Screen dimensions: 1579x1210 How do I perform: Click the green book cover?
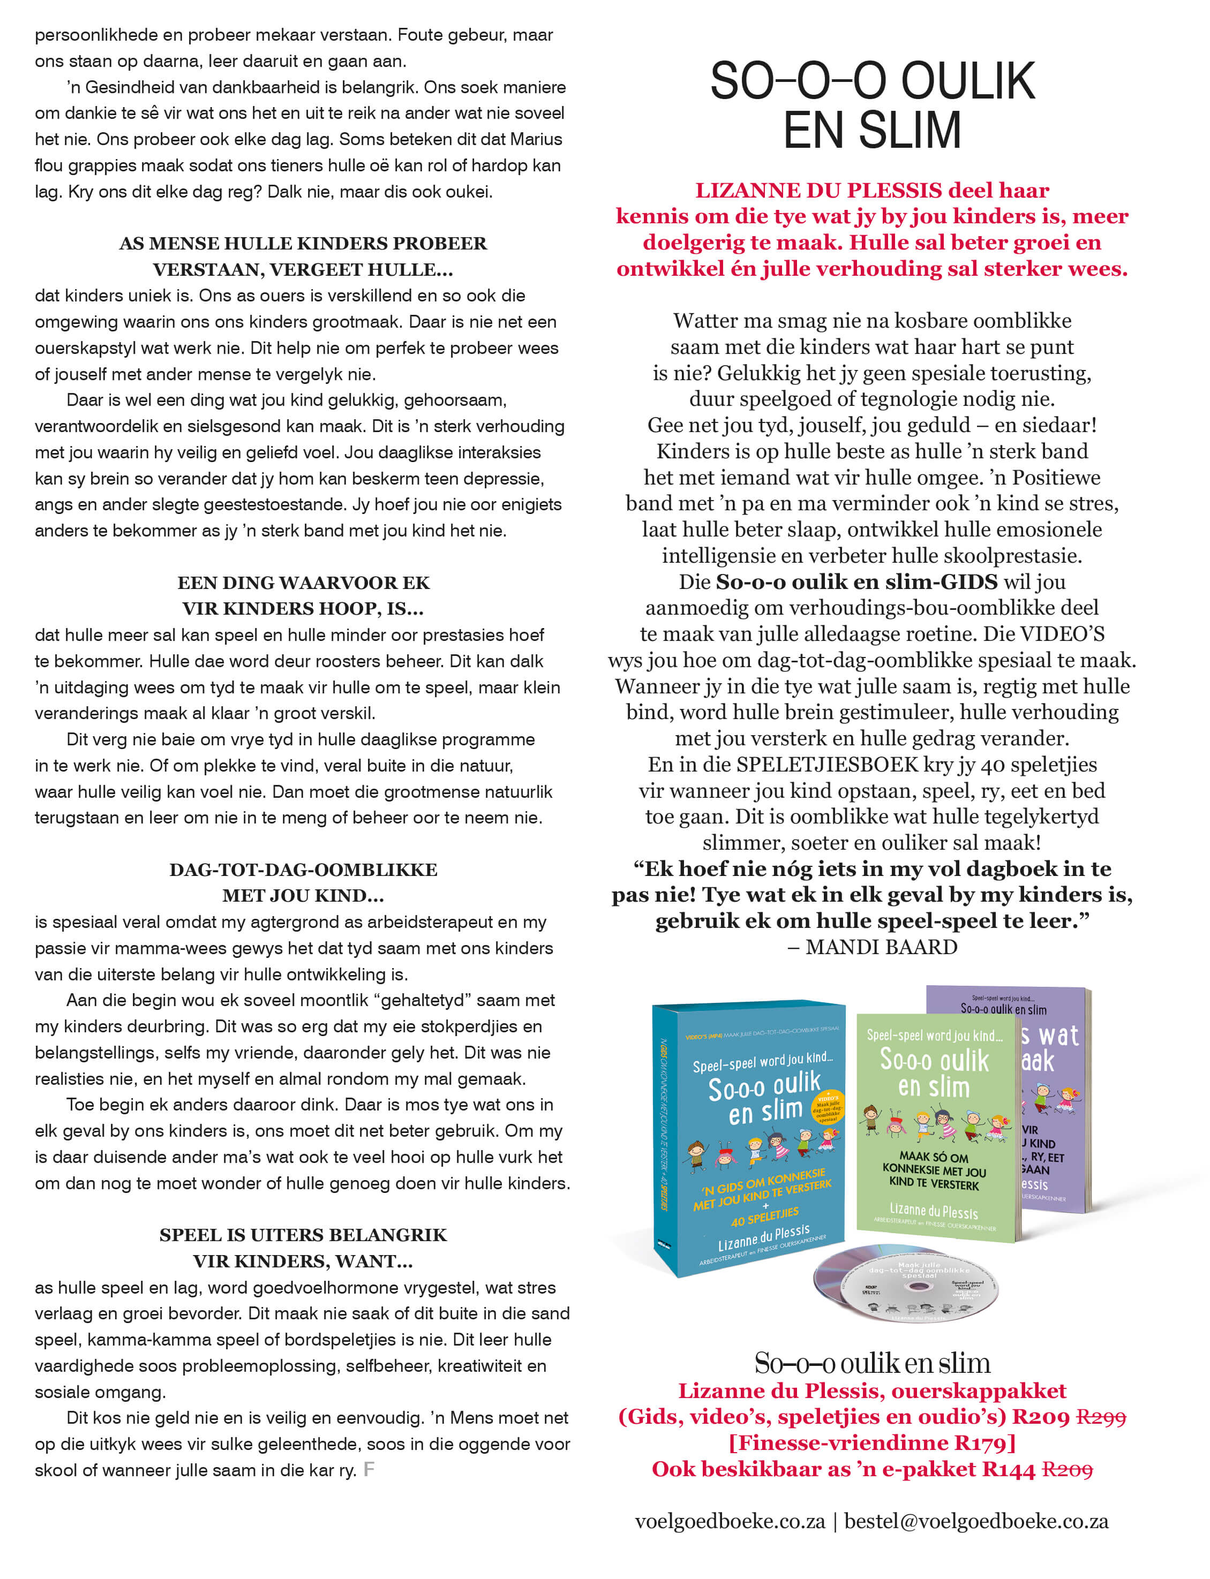[935, 1123]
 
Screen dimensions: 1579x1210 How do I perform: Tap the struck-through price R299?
[1101, 1417]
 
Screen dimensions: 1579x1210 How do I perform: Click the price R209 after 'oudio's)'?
[1041, 1417]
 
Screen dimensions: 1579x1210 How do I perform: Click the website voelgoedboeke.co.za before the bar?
[730, 1521]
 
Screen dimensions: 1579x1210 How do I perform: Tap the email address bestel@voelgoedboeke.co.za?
[976, 1521]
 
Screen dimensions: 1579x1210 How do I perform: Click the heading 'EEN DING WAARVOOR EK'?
[303, 583]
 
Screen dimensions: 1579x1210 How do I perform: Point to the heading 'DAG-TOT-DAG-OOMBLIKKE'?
[303, 870]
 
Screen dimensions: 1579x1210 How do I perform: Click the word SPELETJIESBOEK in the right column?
[818, 765]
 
